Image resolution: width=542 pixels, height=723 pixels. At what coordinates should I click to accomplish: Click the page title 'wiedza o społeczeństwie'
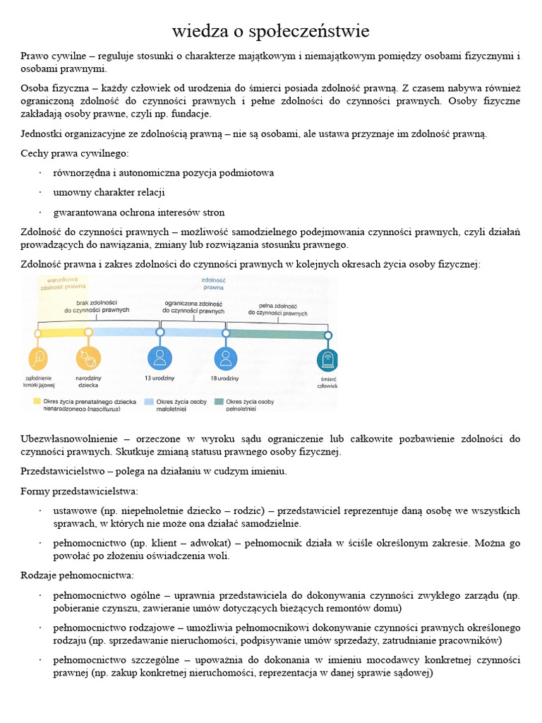pos(270,32)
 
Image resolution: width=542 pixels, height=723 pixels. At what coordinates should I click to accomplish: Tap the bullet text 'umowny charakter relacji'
pos(109,192)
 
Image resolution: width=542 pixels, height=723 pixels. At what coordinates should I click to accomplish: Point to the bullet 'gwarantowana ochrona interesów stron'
pos(139,212)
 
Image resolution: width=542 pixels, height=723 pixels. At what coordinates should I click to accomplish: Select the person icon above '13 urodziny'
pos(159,357)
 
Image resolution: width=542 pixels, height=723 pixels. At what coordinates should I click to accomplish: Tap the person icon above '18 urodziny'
pos(226,357)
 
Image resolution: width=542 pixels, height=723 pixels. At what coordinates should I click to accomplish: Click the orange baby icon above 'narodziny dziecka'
pos(88,358)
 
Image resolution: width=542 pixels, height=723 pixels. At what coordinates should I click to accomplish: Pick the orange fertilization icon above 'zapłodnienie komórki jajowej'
pos(38,358)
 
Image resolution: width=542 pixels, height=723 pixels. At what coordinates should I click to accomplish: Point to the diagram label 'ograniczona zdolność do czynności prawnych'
pos(193,306)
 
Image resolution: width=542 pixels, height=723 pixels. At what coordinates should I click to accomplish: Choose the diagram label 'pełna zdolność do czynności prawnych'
pos(277,309)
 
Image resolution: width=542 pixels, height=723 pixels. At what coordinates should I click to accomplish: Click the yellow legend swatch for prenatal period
pos(37,401)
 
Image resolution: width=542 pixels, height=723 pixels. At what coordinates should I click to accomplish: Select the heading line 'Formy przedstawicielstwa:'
pos(80,491)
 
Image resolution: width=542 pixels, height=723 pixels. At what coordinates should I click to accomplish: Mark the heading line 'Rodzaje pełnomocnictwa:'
pos(77,575)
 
